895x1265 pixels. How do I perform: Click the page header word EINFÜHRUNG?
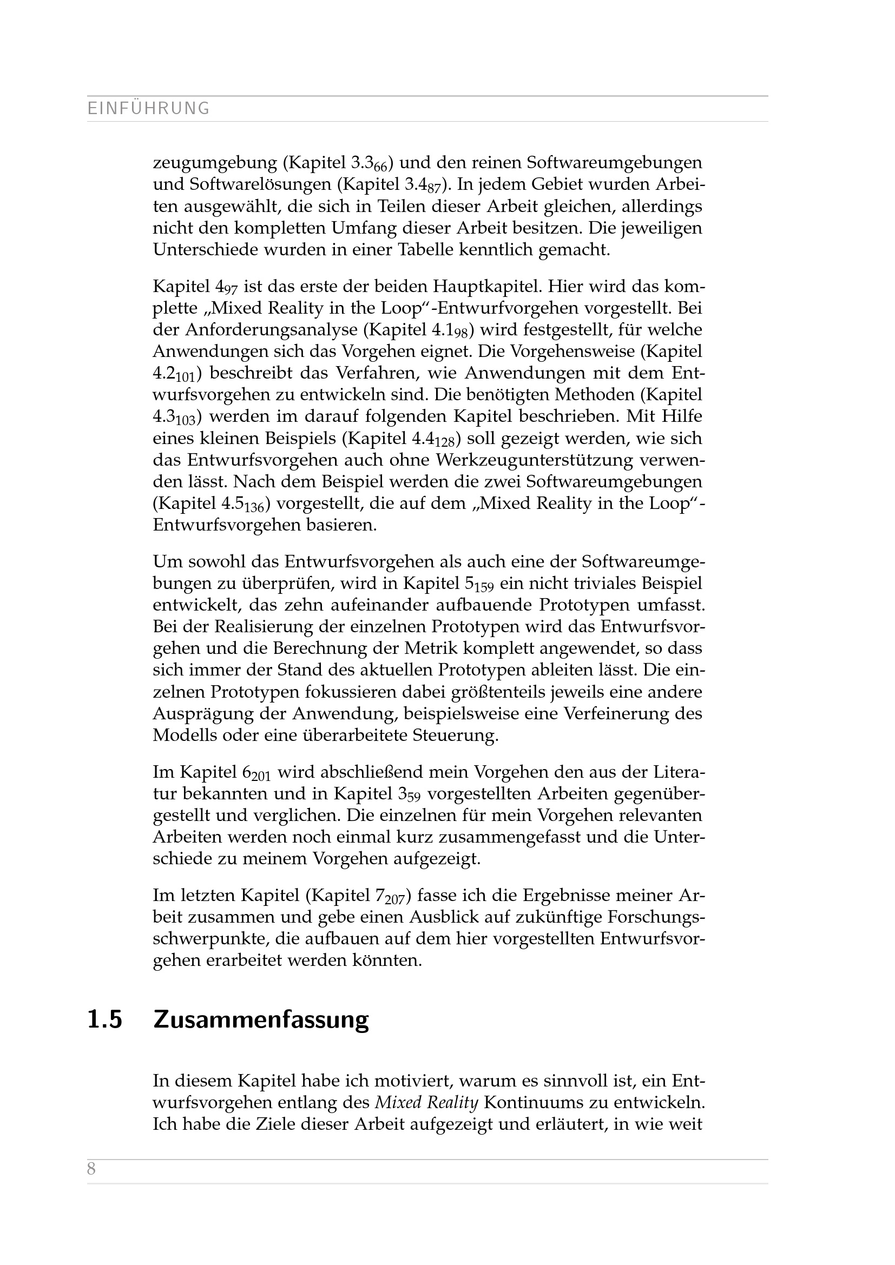click(148, 109)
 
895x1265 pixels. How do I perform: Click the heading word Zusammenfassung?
click(261, 1020)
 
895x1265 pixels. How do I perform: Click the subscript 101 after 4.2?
click(186, 377)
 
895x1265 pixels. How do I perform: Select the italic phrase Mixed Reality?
click(426, 1102)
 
